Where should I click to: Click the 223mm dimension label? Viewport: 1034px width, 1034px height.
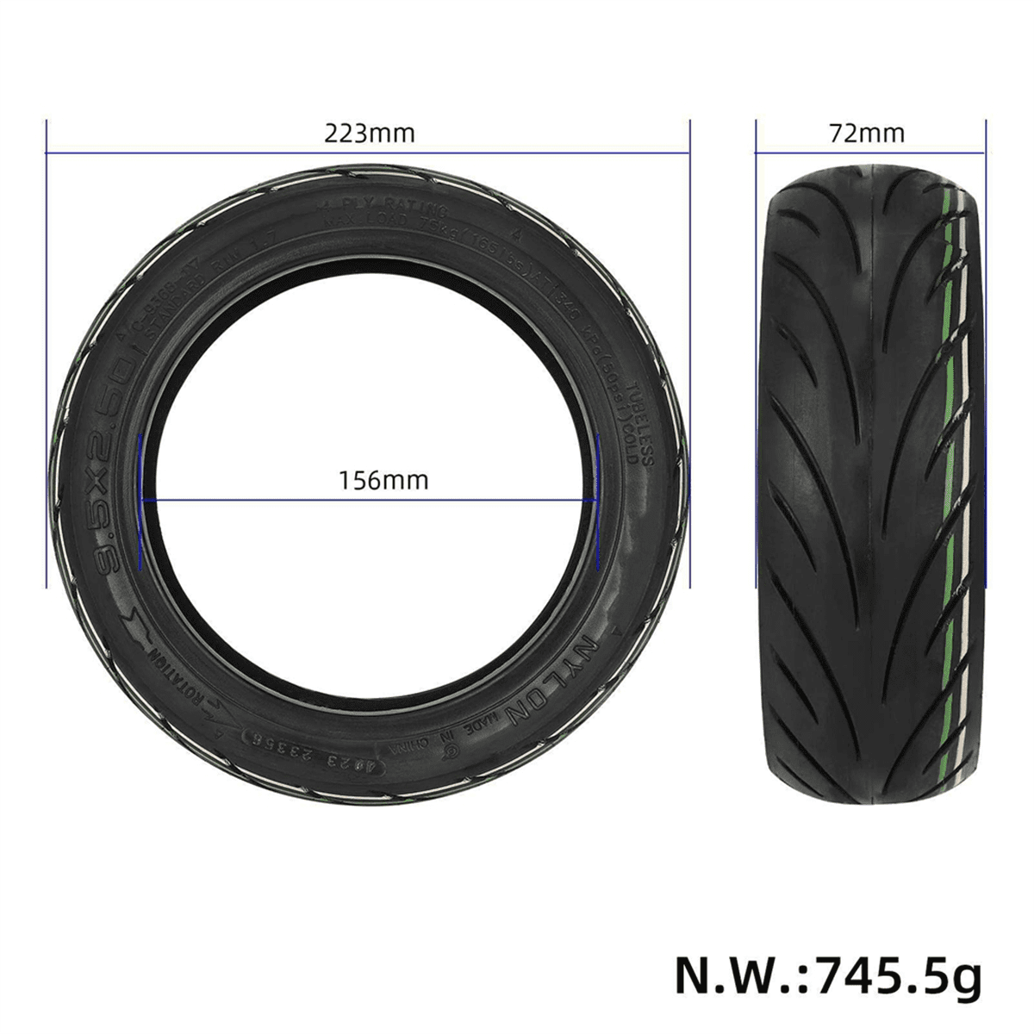pyautogui.click(x=369, y=134)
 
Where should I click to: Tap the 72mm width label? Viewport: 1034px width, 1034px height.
pyautogui.click(x=867, y=134)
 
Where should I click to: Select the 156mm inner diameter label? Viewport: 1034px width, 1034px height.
pyautogui.click(x=383, y=479)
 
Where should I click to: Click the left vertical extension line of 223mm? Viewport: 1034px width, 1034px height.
pyautogui.click(x=46, y=345)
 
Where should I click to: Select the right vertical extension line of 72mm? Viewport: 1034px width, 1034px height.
pyautogui.click(x=987, y=345)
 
